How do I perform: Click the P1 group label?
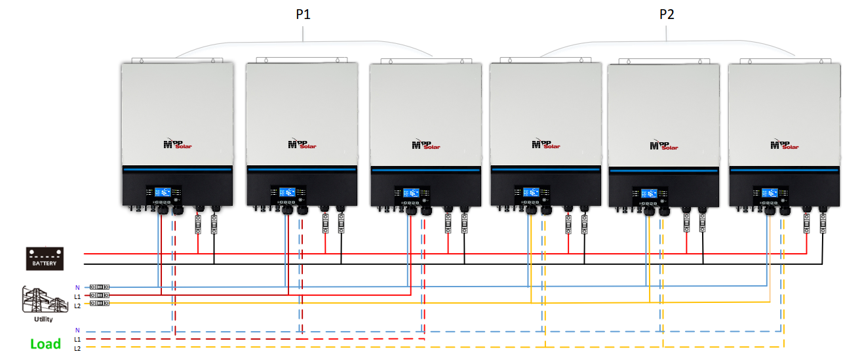tap(303, 15)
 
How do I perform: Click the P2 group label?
tap(667, 15)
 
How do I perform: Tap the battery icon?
tap(45, 257)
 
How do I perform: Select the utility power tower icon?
tap(45, 301)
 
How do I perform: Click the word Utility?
tap(44, 319)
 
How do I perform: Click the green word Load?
tap(45, 344)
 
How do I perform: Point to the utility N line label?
tap(77, 287)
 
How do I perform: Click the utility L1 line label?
tap(77, 296)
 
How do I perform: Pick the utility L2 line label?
tap(77, 306)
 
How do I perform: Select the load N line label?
tap(77, 330)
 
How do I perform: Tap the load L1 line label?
tap(77, 339)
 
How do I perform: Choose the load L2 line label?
tap(77, 348)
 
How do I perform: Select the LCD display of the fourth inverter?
tap(532, 193)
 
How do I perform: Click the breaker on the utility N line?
tap(100, 287)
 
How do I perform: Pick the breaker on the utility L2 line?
tap(100, 304)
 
